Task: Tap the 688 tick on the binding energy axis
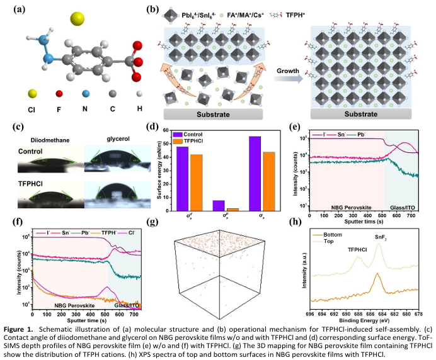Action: (x=358, y=313)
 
